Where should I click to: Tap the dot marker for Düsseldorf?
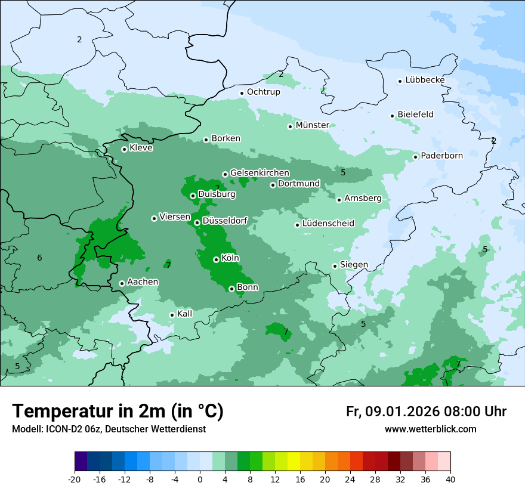[x=197, y=222]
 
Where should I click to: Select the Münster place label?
[x=312, y=125]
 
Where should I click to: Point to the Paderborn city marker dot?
[x=416, y=157]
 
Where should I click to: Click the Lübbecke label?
[x=425, y=80]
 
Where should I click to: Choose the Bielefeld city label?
[x=415, y=115]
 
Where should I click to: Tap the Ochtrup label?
[x=263, y=92]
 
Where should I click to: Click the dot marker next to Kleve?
[x=124, y=149]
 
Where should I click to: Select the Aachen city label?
[x=143, y=282]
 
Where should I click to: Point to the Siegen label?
[x=354, y=265]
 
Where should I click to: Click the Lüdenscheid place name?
[x=328, y=224]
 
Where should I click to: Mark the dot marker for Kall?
[x=172, y=315]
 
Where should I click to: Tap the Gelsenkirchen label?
[x=260, y=173]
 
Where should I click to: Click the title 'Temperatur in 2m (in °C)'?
[x=118, y=412]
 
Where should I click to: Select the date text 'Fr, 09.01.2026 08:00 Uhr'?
[x=426, y=412]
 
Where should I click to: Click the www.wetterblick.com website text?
[x=430, y=429]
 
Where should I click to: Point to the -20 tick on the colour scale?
[x=75, y=479]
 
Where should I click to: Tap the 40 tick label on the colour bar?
[x=450, y=479]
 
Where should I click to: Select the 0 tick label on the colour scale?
[x=200, y=479]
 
